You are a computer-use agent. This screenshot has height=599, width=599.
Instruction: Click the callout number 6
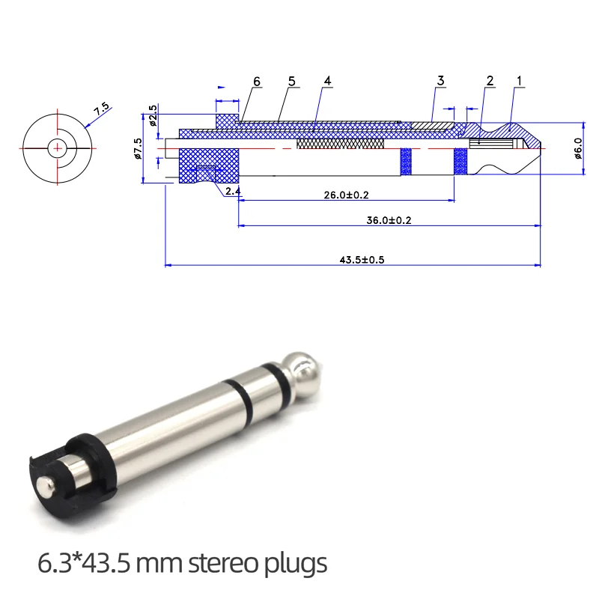point(257,82)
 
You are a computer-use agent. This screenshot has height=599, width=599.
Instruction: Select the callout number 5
point(292,82)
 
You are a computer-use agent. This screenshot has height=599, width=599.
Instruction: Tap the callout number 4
point(327,81)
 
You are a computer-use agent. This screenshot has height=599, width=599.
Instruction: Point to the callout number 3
point(440,81)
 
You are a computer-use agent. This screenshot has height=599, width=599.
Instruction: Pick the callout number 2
point(490,81)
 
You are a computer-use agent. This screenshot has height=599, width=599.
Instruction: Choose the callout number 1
point(519,81)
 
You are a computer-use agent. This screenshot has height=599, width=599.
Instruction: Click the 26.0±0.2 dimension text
point(346,195)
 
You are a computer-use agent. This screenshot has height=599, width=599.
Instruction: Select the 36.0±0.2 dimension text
point(389,220)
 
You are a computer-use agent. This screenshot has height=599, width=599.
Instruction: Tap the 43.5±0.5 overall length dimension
point(362,260)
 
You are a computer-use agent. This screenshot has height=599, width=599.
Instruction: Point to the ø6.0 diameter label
point(578,148)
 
